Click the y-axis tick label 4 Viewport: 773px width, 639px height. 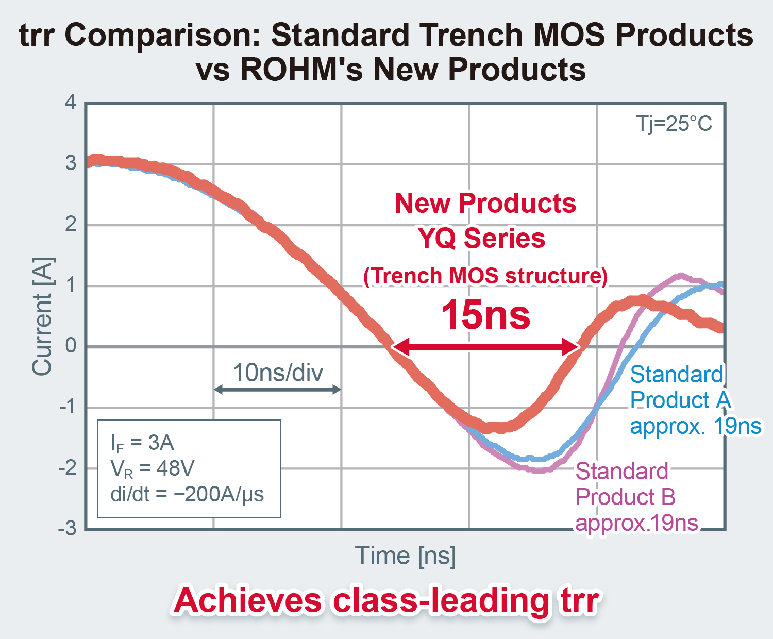pos(71,102)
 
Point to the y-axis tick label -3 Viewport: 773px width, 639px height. pos(68,529)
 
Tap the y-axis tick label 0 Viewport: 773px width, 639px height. pos(71,346)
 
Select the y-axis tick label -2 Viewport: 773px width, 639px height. pos(68,468)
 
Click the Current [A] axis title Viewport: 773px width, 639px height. pos(42,316)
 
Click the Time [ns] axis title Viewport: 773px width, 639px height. pos(405,556)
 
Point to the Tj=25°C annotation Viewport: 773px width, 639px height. pos(674,124)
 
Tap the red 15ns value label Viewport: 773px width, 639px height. pos(485,315)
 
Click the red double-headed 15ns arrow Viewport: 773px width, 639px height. pos(485,347)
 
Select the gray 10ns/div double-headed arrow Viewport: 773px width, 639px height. pos(277,390)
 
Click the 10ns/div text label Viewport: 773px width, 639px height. pos(278,372)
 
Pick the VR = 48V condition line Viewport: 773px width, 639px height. pos(153,468)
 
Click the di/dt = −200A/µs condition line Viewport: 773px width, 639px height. pos(187,494)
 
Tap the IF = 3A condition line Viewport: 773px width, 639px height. pos(143,443)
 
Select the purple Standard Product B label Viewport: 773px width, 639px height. pos(636,497)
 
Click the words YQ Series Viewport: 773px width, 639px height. pos(481,239)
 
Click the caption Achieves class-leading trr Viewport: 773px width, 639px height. pos(386,601)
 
